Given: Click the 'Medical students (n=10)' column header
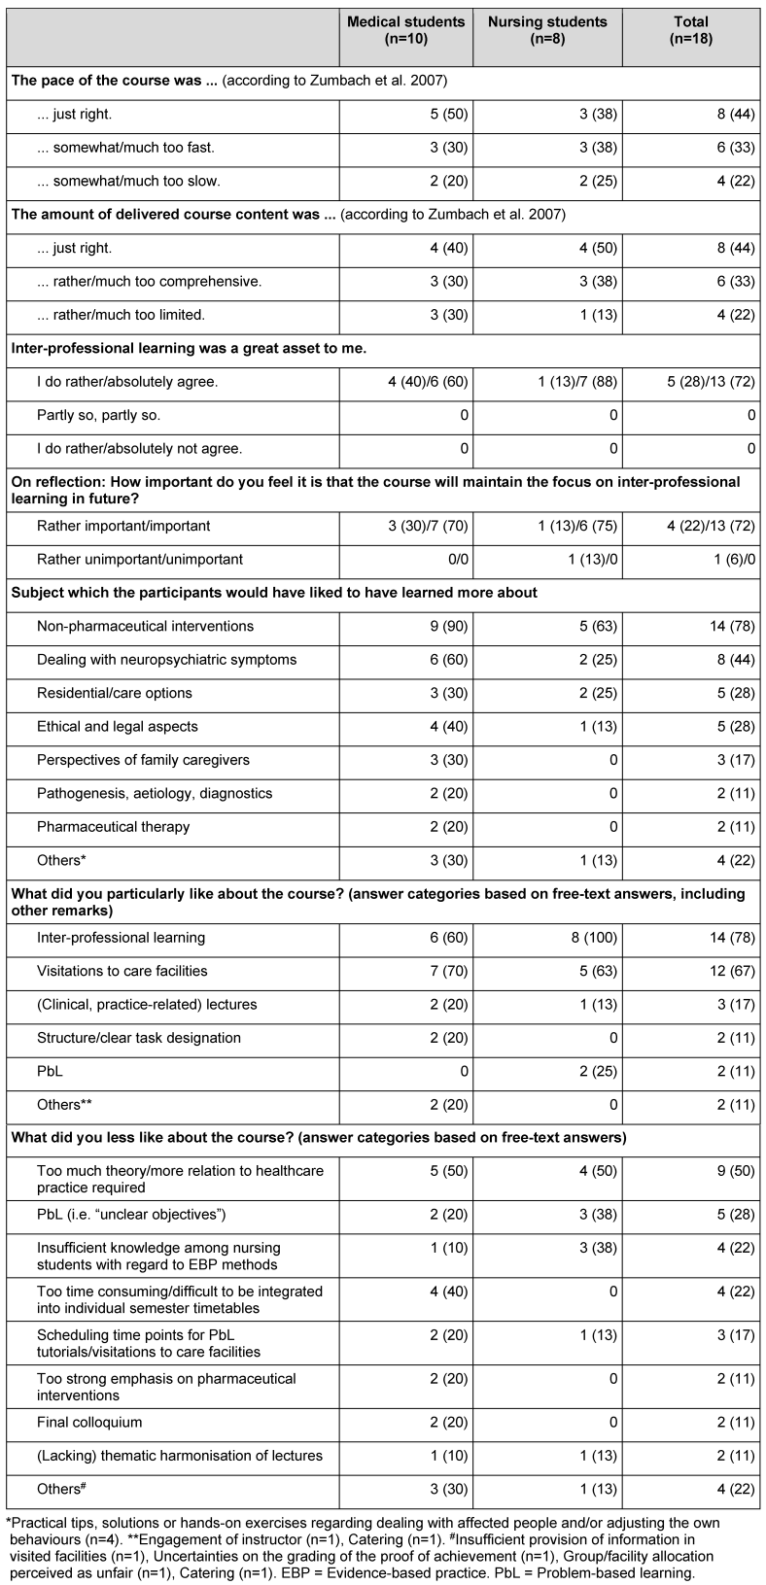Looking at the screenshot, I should pos(406,30).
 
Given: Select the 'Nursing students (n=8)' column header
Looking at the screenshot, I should pos(547,30).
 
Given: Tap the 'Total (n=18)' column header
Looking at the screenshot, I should pos(690,30).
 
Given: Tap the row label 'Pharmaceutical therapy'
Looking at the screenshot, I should pos(113,827).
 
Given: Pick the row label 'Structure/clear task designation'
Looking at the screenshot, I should pos(139,1038).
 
